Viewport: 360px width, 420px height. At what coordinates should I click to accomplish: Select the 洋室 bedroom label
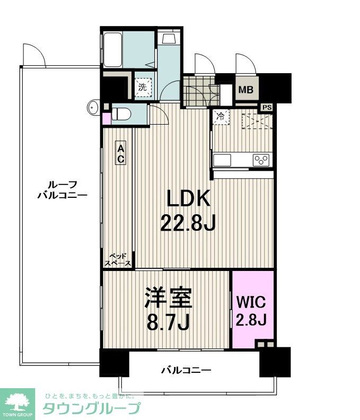[x=168, y=298]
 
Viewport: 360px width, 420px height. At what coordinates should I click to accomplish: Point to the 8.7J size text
[x=168, y=322]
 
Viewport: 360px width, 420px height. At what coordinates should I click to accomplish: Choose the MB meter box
[x=246, y=90]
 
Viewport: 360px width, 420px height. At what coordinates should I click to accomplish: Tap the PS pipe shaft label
[x=267, y=108]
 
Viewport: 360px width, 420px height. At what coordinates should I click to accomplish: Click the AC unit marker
[x=121, y=153]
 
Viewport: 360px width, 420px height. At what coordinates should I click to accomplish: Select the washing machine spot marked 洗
[x=143, y=87]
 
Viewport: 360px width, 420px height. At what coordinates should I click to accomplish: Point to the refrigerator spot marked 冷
[x=221, y=117]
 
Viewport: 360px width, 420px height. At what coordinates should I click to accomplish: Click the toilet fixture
[x=121, y=115]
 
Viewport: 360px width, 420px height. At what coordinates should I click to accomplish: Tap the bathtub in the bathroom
[x=113, y=49]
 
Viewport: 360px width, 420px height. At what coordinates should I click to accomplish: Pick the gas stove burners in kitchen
[x=261, y=161]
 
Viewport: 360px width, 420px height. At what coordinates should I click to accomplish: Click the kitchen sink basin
[x=222, y=160]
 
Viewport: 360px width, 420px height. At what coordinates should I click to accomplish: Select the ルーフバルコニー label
[x=63, y=190]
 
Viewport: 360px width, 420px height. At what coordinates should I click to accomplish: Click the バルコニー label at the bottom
[x=186, y=371]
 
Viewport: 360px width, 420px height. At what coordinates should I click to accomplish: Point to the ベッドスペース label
[x=118, y=259]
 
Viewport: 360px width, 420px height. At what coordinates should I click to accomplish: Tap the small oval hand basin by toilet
[x=93, y=108]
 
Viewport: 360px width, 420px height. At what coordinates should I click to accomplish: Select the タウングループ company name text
[x=92, y=408]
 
